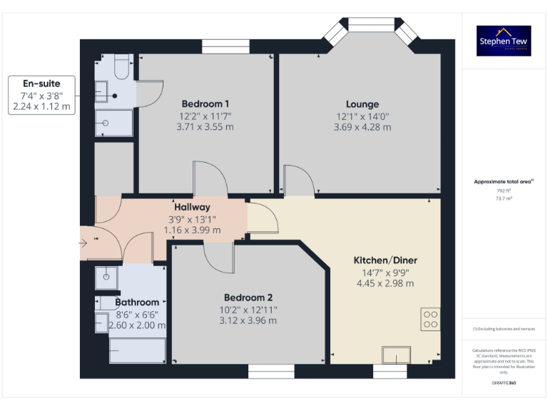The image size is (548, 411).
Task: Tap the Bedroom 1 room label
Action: (x=205, y=103)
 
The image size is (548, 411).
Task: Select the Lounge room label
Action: (x=362, y=104)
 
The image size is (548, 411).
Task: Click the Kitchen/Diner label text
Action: (x=385, y=260)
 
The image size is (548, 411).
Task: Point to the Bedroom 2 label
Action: (x=248, y=298)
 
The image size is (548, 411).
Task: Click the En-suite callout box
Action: (x=41, y=95)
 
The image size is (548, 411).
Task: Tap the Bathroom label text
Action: (x=137, y=303)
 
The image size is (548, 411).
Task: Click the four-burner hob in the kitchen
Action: (x=430, y=318)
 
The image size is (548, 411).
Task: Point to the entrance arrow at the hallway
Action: (x=84, y=243)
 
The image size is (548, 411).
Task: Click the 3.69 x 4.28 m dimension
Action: (x=362, y=127)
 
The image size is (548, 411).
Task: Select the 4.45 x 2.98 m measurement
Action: (x=385, y=283)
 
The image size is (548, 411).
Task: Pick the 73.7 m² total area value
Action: (x=504, y=199)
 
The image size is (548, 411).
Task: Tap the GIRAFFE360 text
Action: (x=504, y=383)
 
